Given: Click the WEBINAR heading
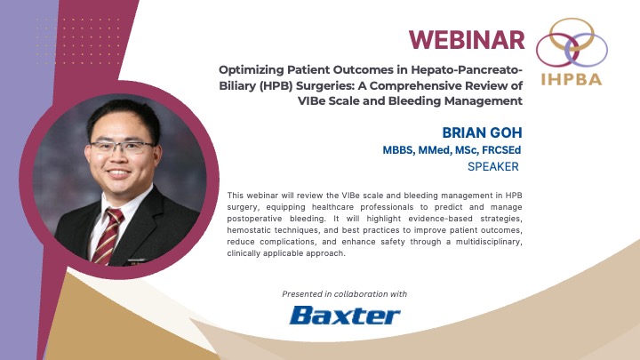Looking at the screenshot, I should click(466, 39).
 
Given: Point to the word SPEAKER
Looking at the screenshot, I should click(492, 165).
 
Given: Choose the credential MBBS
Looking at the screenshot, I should click(399, 149).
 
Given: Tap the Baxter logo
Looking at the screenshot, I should click(345, 316).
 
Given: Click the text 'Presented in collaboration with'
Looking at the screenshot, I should click(345, 293).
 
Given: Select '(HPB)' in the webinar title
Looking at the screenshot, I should click(252, 85).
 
